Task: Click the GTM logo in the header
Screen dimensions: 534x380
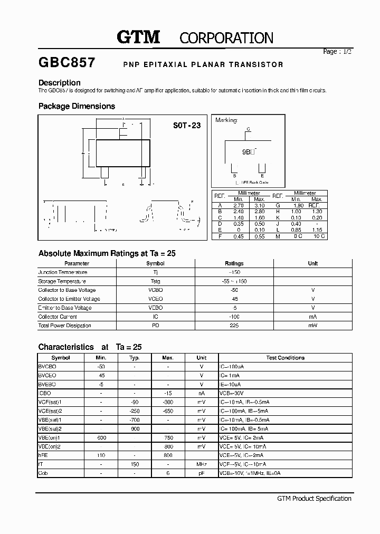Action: [138, 37]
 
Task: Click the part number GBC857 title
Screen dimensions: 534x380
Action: [66, 63]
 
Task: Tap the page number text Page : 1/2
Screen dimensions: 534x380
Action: [337, 52]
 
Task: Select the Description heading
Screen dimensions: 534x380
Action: [60, 83]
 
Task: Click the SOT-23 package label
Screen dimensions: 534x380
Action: [187, 126]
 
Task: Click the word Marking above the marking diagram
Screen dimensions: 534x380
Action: [226, 120]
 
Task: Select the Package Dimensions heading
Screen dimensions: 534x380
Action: [77, 106]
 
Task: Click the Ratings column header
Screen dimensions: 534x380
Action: [234, 263]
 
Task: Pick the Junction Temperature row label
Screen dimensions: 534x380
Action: [62, 272]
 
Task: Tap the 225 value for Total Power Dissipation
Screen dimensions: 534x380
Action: [234, 326]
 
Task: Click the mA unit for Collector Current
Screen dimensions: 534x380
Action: [312, 317]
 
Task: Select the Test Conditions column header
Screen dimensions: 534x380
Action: [285, 358]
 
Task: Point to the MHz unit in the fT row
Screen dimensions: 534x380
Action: [201, 464]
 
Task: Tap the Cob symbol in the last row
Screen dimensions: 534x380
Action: [43, 473]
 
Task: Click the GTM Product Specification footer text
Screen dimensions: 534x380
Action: [314, 499]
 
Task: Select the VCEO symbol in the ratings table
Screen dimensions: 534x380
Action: [155, 299]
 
